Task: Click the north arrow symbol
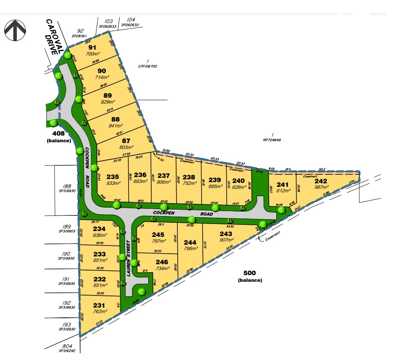coord(15,30)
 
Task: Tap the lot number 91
coord(92,48)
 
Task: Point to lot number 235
coord(112,176)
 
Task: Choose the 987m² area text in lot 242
coord(321,188)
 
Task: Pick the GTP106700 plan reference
coord(147,66)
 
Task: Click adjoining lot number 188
coord(67,186)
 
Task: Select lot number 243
coord(227,234)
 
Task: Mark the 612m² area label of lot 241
coord(282,191)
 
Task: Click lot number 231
coord(100,305)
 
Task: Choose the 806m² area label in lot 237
coord(164,182)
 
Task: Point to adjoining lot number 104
coord(131,20)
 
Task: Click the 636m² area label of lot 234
coord(100,235)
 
